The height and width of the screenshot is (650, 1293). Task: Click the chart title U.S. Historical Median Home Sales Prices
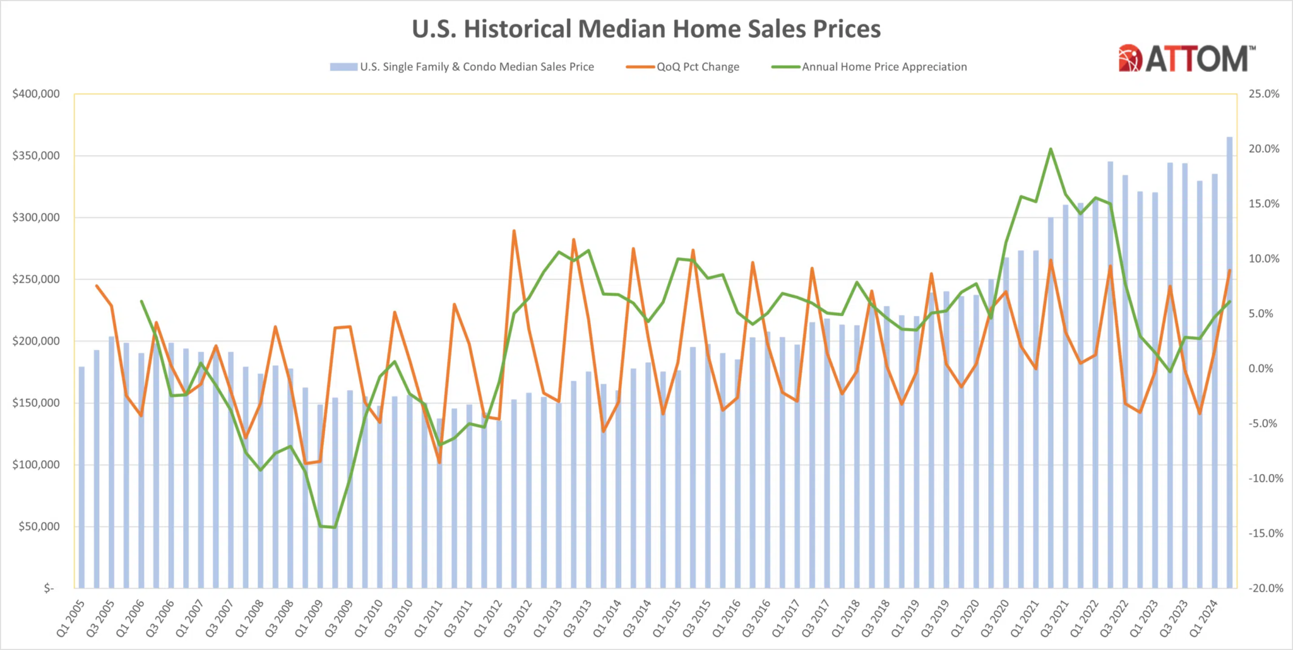point(646,29)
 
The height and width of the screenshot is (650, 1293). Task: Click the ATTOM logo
point(1187,59)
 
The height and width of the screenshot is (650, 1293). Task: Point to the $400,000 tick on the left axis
point(36,94)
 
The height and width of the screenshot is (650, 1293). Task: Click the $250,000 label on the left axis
point(36,280)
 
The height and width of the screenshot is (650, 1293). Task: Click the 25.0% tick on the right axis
point(1264,94)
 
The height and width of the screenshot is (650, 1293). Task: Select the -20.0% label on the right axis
point(1265,588)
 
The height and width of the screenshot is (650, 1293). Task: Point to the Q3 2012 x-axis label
point(518,618)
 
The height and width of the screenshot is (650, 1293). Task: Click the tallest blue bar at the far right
point(1229,363)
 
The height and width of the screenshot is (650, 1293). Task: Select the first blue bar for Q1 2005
point(81,477)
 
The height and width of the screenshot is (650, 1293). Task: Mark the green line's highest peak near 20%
point(1051,150)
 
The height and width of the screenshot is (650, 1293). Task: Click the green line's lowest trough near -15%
point(335,528)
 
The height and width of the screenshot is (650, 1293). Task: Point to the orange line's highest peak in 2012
point(514,231)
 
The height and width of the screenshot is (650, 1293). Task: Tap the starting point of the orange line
point(97,286)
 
